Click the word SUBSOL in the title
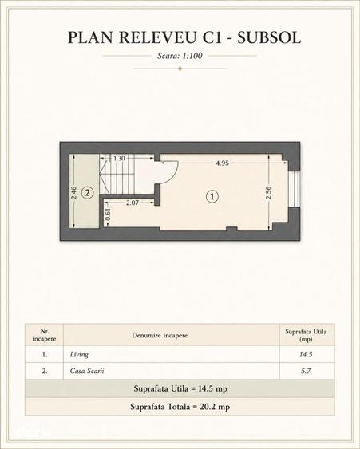click(x=269, y=37)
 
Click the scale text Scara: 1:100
click(x=180, y=56)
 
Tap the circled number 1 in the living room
click(x=212, y=196)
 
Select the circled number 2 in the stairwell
click(x=88, y=193)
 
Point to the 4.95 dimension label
click(x=222, y=163)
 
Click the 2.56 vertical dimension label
click(x=268, y=193)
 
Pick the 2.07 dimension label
click(x=133, y=203)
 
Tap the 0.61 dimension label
click(x=108, y=215)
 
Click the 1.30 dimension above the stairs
click(x=119, y=158)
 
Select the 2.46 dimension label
click(x=73, y=193)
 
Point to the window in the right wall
click(x=295, y=189)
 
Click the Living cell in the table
click(x=79, y=355)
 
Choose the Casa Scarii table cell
click(x=87, y=371)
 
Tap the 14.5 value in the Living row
click(x=306, y=355)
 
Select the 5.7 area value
click(x=306, y=371)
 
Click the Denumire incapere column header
click(x=160, y=335)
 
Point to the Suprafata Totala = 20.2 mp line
click(x=180, y=407)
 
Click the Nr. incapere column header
click(x=44, y=335)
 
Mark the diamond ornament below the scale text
click(x=180, y=69)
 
